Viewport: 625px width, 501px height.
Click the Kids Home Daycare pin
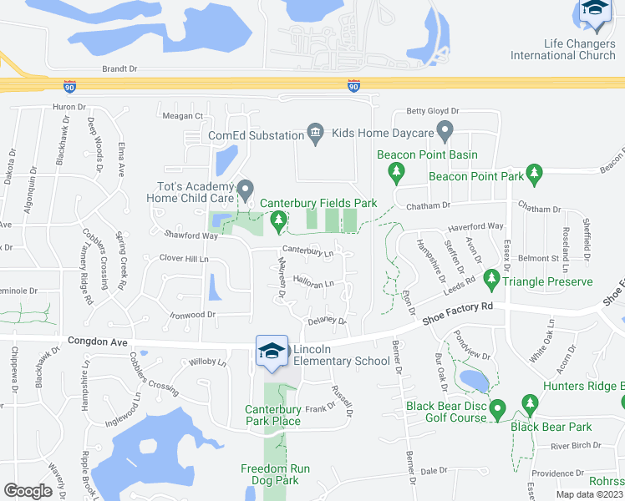445,131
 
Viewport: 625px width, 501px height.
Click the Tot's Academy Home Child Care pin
245,190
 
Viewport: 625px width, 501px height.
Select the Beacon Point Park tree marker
535,175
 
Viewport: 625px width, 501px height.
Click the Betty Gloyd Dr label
432,111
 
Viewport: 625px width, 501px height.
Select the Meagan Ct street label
183,116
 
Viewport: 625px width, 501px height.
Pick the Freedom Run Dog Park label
275,475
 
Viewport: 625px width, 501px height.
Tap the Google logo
28,491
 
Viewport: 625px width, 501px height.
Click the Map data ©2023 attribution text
589,495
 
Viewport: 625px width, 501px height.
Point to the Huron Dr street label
69,107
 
